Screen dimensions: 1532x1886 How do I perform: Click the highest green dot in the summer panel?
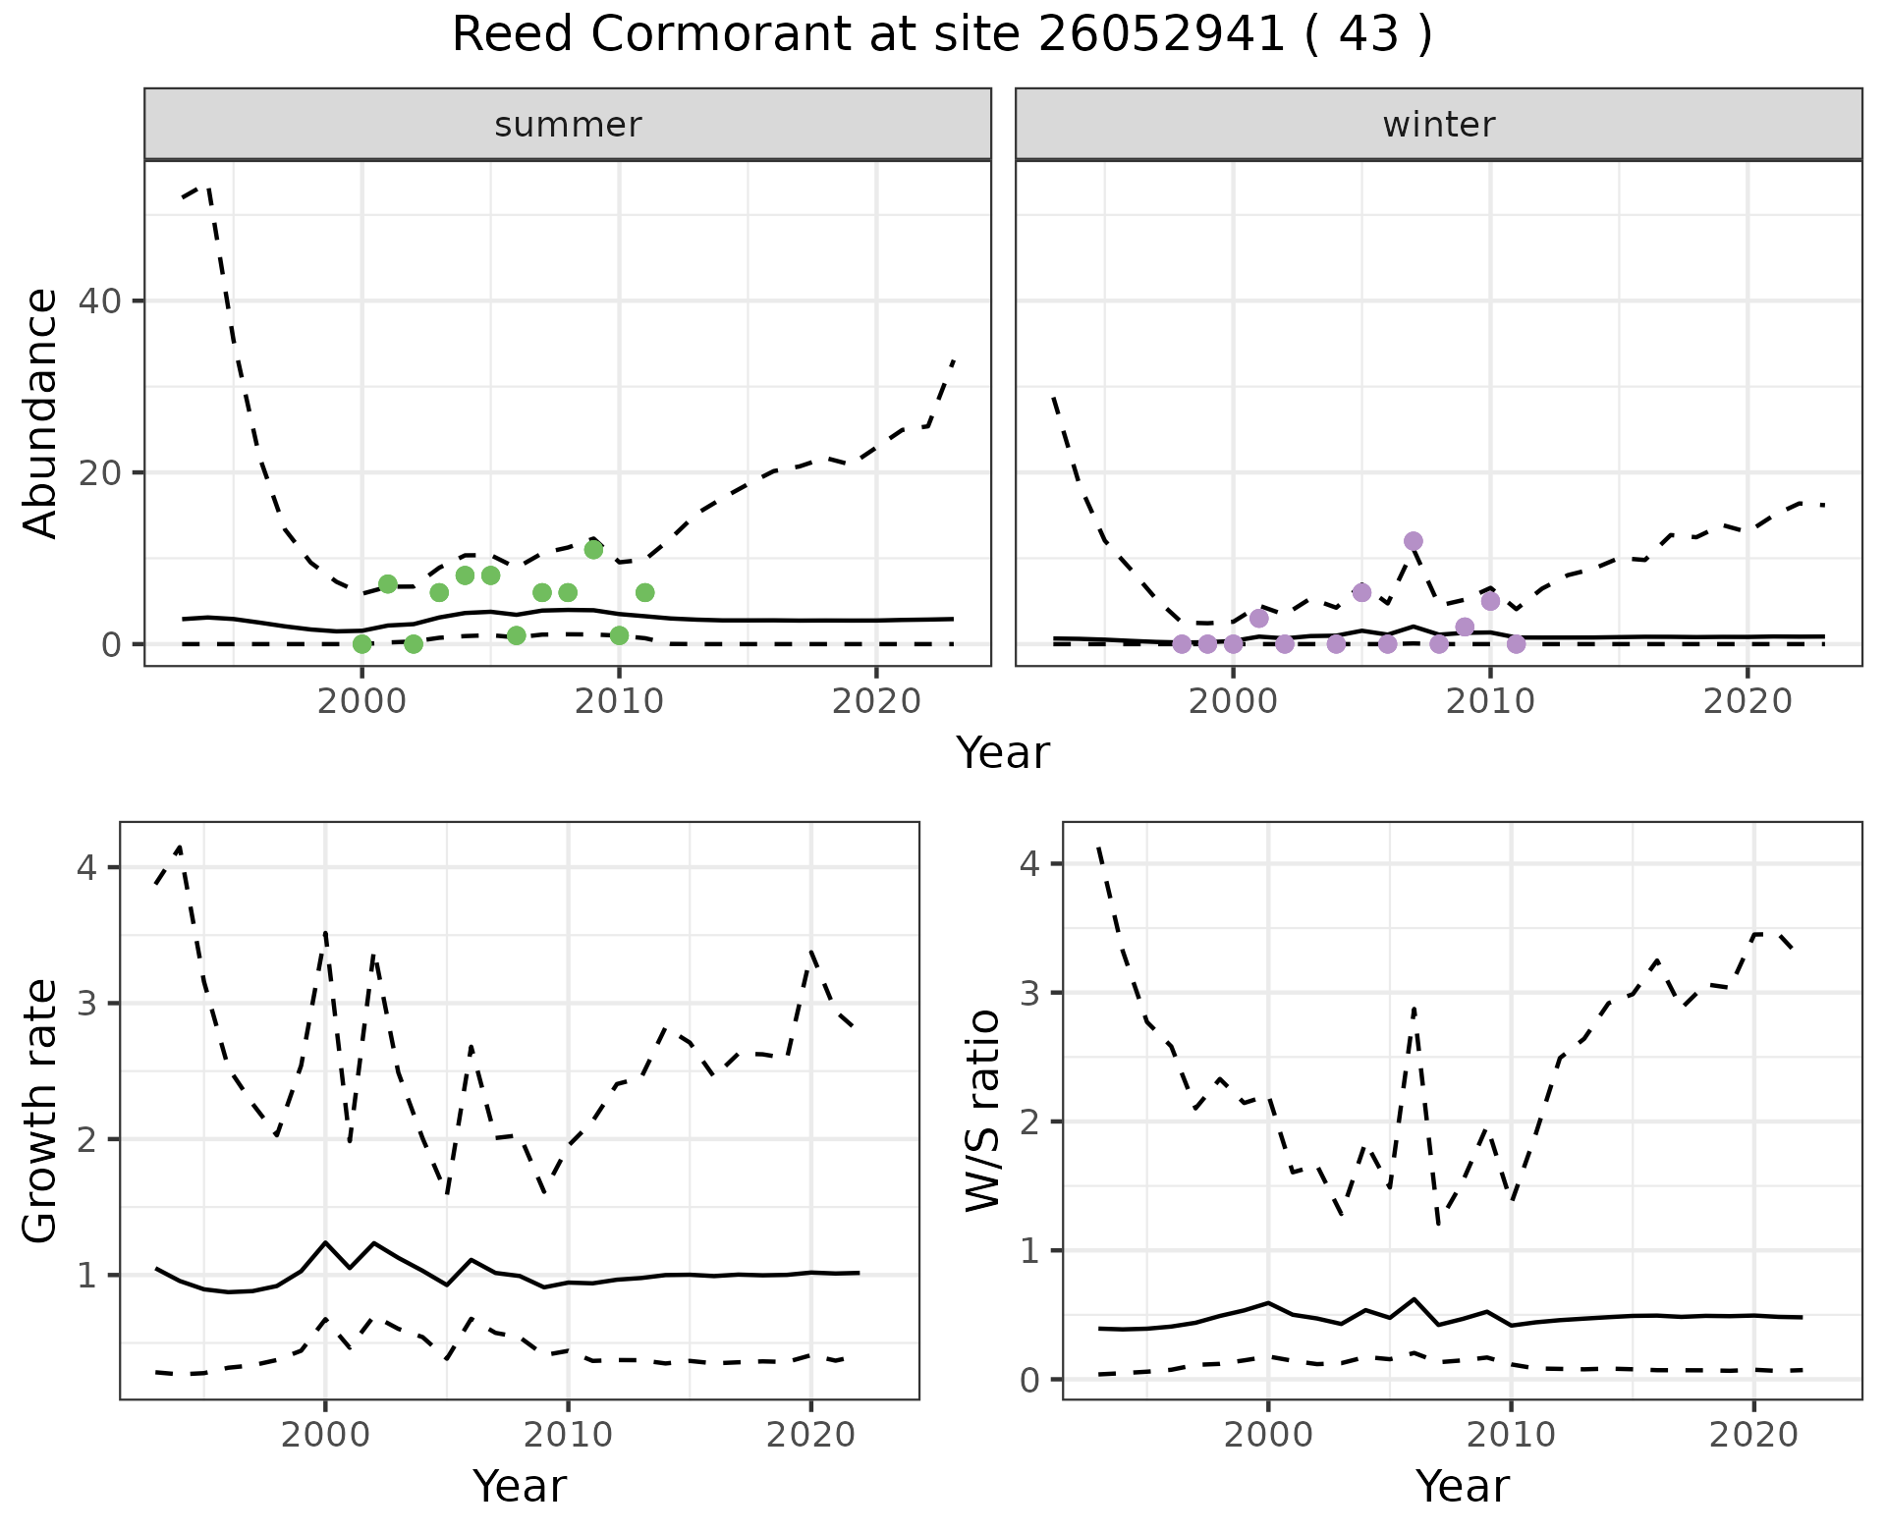tap(593, 549)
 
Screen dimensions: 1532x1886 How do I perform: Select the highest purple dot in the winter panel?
tap(1414, 541)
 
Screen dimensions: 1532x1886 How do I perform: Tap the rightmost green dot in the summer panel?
tap(644, 592)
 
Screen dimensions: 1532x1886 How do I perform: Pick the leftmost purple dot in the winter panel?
tap(1182, 644)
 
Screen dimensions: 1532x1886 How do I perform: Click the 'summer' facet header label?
tap(568, 125)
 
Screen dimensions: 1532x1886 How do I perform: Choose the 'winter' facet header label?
tap(1439, 125)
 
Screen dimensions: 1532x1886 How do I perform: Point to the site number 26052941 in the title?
tap(1160, 35)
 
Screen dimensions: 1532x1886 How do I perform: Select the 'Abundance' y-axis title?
tap(41, 412)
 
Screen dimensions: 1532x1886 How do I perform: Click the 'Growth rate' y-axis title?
tap(41, 1110)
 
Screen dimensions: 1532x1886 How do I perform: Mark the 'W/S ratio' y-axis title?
tap(983, 1110)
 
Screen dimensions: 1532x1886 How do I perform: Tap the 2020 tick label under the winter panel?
tap(1747, 701)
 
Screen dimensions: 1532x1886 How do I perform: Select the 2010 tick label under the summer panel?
tap(619, 701)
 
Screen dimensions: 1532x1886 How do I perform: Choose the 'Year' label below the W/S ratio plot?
tap(1462, 1486)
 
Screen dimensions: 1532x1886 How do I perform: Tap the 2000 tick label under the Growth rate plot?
tap(325, 1435)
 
